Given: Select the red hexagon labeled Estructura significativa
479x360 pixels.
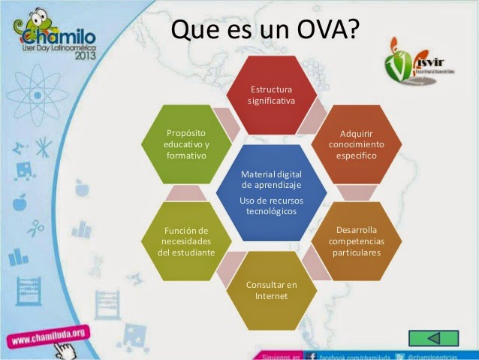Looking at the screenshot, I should (x=271, y=94).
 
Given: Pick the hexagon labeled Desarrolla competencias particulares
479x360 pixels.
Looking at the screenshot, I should (x=357, y=239).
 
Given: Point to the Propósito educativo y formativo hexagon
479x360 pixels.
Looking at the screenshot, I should (x=186, y=144).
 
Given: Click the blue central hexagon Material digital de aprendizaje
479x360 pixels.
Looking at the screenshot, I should (x=271, y=192).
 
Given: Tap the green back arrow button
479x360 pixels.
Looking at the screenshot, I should (x=434, y=337).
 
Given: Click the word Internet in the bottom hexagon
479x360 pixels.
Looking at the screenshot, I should (x=271, y=296).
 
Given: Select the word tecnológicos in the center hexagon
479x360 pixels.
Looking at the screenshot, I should (x=271, y=211).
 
